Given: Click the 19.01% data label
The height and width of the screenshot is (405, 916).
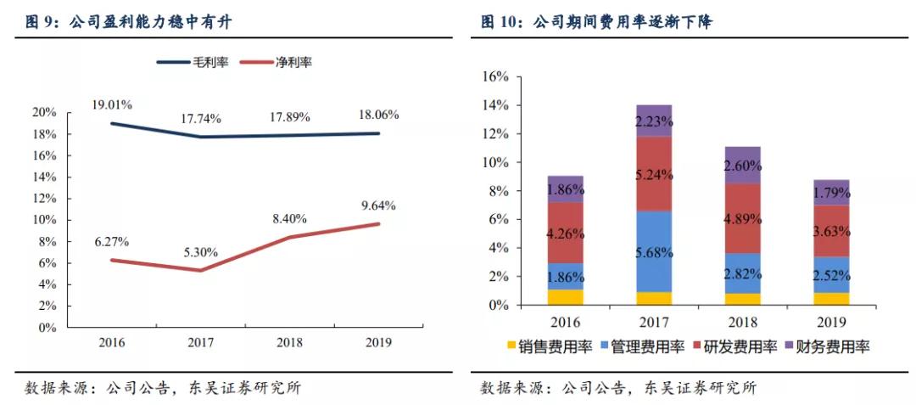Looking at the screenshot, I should coord(111,104).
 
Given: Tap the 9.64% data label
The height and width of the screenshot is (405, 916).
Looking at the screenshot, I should coord(377,205).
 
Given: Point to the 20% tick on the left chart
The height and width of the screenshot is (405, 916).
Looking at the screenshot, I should coord(44,112).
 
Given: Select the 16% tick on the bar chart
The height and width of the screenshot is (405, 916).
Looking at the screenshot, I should coord(494,76).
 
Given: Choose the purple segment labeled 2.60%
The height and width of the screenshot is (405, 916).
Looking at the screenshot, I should coord(743,166).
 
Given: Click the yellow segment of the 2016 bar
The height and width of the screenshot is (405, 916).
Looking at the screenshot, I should coord(565,297).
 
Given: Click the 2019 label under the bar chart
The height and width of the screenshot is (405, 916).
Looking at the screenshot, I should coord(831,323).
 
